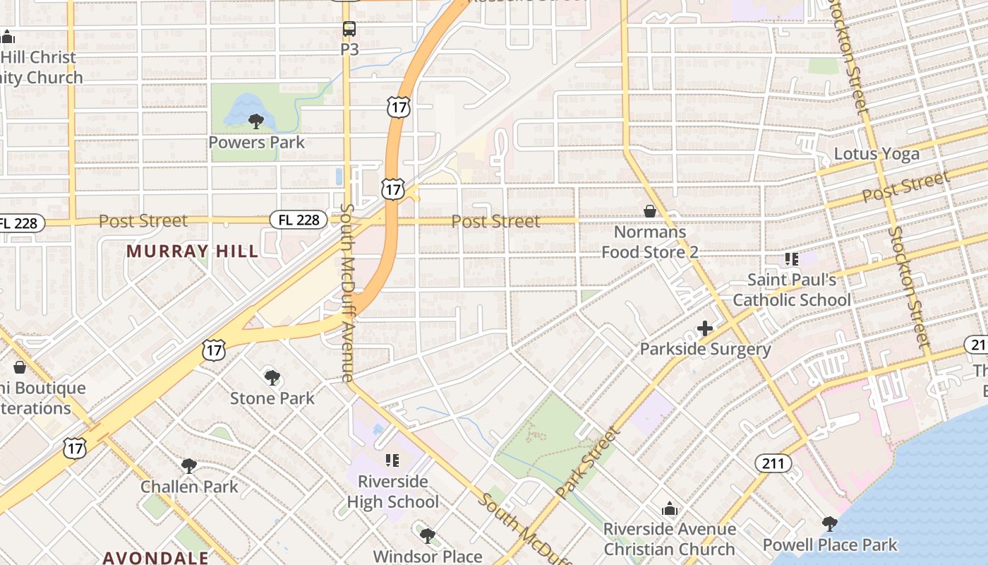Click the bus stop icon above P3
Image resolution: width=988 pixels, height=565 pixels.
[349, 29]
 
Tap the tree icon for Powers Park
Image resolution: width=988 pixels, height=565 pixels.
[256, 121]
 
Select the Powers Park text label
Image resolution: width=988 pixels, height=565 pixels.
[256, 142]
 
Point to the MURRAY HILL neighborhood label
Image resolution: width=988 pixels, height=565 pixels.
[192, 251]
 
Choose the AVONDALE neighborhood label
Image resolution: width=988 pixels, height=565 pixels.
[155, 557]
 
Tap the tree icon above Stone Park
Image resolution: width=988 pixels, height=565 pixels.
[272, 377]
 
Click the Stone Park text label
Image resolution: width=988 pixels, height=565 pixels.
[272, 398]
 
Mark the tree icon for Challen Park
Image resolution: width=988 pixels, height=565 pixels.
[189, 465]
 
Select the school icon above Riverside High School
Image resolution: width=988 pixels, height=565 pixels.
[392, 460]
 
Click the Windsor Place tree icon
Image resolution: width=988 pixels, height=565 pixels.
[427, 535]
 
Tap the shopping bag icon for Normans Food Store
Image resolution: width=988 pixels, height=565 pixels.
[650, 211]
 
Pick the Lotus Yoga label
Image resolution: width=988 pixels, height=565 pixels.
[876, 154]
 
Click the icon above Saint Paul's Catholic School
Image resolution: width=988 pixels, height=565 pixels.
[792, 259]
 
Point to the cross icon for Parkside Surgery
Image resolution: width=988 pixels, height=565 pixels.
[704, 328]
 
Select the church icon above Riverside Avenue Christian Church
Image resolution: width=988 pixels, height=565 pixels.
[669, 509]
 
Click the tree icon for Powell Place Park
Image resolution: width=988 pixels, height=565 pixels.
[830, 524]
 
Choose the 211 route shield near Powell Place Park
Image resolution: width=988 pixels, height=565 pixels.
[773, 463]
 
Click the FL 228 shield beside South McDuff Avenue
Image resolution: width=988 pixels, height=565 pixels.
[299, 220]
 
